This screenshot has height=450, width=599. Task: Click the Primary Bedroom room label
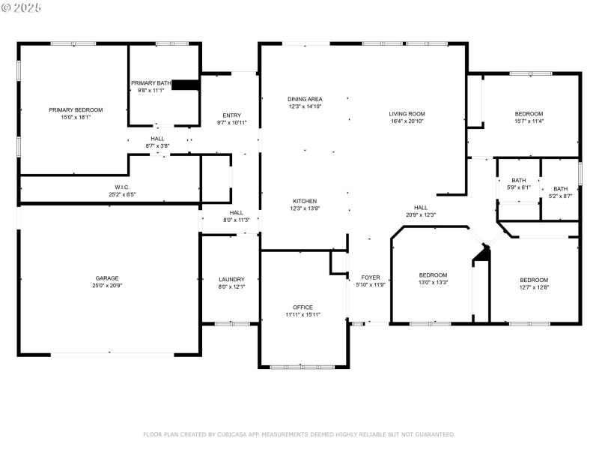[x=76, y=109]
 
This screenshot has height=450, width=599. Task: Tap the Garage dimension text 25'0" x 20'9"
[x=107, y=286]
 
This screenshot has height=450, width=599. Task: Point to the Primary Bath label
[x=151, y=82]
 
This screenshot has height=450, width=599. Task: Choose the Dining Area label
[x=305, y=99]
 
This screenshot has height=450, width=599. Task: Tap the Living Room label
[x=407, y=113]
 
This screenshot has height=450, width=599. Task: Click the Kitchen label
[x=305, y=201]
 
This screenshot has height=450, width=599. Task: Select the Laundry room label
[x=231, y=279]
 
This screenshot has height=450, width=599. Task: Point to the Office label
[x=303, y=307]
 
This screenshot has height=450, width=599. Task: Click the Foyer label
[x=371, y=277]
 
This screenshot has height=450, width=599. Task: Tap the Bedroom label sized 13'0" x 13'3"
[x=433, y=274]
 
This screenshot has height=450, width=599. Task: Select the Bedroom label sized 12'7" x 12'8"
[x=534, y=280]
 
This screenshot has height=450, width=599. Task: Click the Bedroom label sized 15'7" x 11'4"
[x=529, y=113]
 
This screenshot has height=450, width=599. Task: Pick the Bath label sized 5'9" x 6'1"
[x=519, y=180]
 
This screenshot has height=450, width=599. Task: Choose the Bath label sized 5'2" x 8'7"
[x=561, y=189]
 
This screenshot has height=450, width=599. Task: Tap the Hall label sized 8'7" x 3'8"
[x=157, y=138]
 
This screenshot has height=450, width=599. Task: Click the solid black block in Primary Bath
[x=185, y=85]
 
